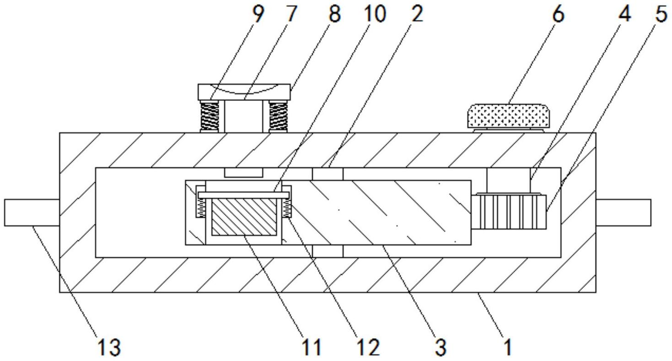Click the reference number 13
(x=109, y=347)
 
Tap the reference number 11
(x=312, y=347)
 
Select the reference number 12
(x=369, y=347)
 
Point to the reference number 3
(x=441, y=347)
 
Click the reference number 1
(x=507, y=347)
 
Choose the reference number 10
(x=374, y=14)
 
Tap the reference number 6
(x=558, y=14)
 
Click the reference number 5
(x=661, y=14)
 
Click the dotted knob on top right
(x=509, y=116)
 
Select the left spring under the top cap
(x=209, y=116)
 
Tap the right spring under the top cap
(x=278, y=116)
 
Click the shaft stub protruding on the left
(x=32, y=212)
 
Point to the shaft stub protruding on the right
(x=624, y=212)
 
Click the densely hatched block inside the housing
(x=244, y=217)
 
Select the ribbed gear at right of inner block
(x=509, y=212)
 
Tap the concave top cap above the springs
(x=244, y=92)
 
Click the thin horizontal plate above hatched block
(x=244, y=195)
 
